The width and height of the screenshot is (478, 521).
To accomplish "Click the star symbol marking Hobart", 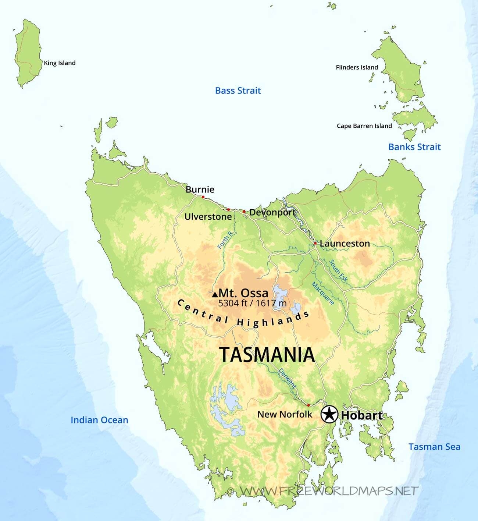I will pyautogui.click(x=329, y=414).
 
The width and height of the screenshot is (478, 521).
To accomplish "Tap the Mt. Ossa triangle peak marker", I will pyautogui.click(x=215, y=294).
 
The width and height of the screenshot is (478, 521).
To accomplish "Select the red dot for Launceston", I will pyautogui.click(x=315, y=243).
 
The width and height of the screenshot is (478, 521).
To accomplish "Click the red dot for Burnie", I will pyautogui.click(x=203, y=197).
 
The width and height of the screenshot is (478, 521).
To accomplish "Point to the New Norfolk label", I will pyautogui.click(x=285, y=414).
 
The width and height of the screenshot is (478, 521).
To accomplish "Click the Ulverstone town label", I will pyautogui.click(x=208, y=217).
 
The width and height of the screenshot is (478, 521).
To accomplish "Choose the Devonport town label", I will pyautogui.click(x=272, y=212).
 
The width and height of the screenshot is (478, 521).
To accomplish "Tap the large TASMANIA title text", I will pyautogui.click(x=267, y=355).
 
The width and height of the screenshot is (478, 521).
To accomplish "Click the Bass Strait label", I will pyautogui.click(x=238, y=91).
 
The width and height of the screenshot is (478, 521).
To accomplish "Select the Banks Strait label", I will pyautogui.click(x=414, y=147).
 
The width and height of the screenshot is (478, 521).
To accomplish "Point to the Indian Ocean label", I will pyautogui.click(x=99, y=420).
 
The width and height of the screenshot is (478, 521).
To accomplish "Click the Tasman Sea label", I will pyautogui.click(x=434, y=447).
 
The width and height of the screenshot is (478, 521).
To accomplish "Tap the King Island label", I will pyautogui.click(x=60, y=63).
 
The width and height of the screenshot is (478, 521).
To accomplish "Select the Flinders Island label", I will pyautogui.click(x=357, y=67).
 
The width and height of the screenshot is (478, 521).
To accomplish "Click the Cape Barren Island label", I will pyautogui.click(x=364, y=126).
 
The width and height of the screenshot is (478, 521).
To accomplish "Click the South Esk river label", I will pyautogui.click(x=338, y=271).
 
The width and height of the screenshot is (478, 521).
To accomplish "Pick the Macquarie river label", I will pyautogui.click(x=323, y=293).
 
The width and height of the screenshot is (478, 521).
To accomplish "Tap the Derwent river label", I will pyautogui.click(x=287, y=378).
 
